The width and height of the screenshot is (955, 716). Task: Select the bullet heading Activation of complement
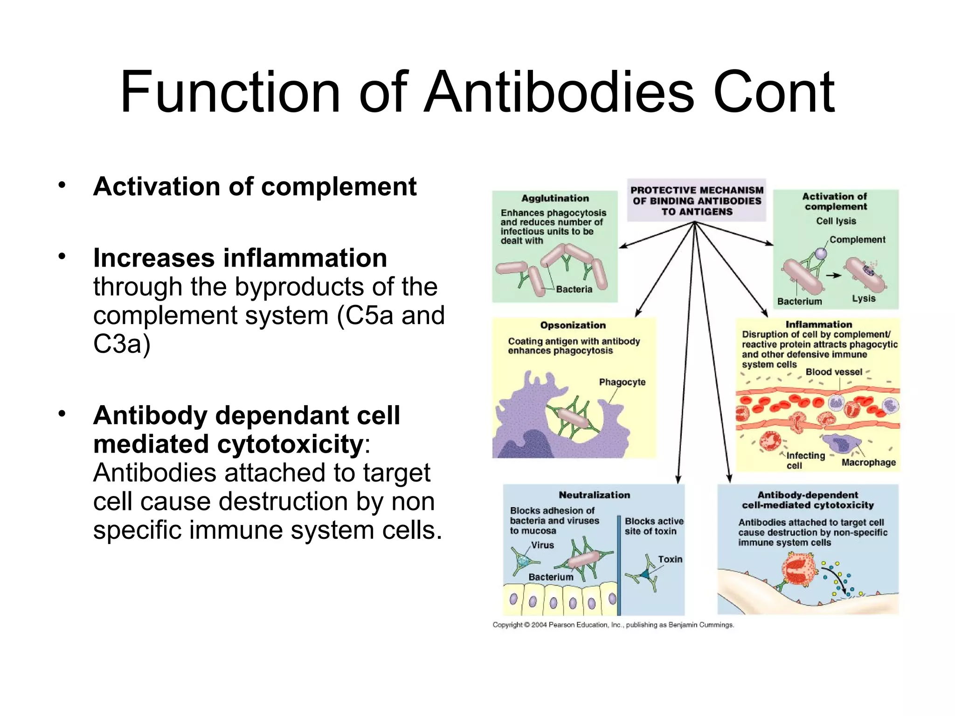click(255, 186)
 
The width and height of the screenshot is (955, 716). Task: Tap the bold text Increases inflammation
click(240, 258)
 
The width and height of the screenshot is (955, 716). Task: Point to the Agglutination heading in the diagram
click(555, 198)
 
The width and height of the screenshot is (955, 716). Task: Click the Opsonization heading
click(573, 325)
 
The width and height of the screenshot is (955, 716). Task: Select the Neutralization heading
click(594, 495)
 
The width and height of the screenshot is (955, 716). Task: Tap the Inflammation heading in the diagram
click(818, 324)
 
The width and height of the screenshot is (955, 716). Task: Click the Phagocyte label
click(622, 382)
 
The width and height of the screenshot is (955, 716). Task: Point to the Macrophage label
click(868, 462)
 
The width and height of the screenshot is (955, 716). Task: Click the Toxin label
click(670, 559)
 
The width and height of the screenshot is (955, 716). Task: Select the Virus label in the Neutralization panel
click(542, 545)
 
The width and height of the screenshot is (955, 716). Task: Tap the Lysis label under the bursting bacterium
click(864, 298)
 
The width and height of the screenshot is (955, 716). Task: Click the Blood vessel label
click(834, 372)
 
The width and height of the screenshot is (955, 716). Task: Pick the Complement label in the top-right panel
click(857, 240)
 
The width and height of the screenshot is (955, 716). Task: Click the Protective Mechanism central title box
click(697, 201)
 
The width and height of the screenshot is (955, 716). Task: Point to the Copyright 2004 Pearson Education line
click(613, 625)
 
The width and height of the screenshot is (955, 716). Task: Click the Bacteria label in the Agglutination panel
click(574, 289)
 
